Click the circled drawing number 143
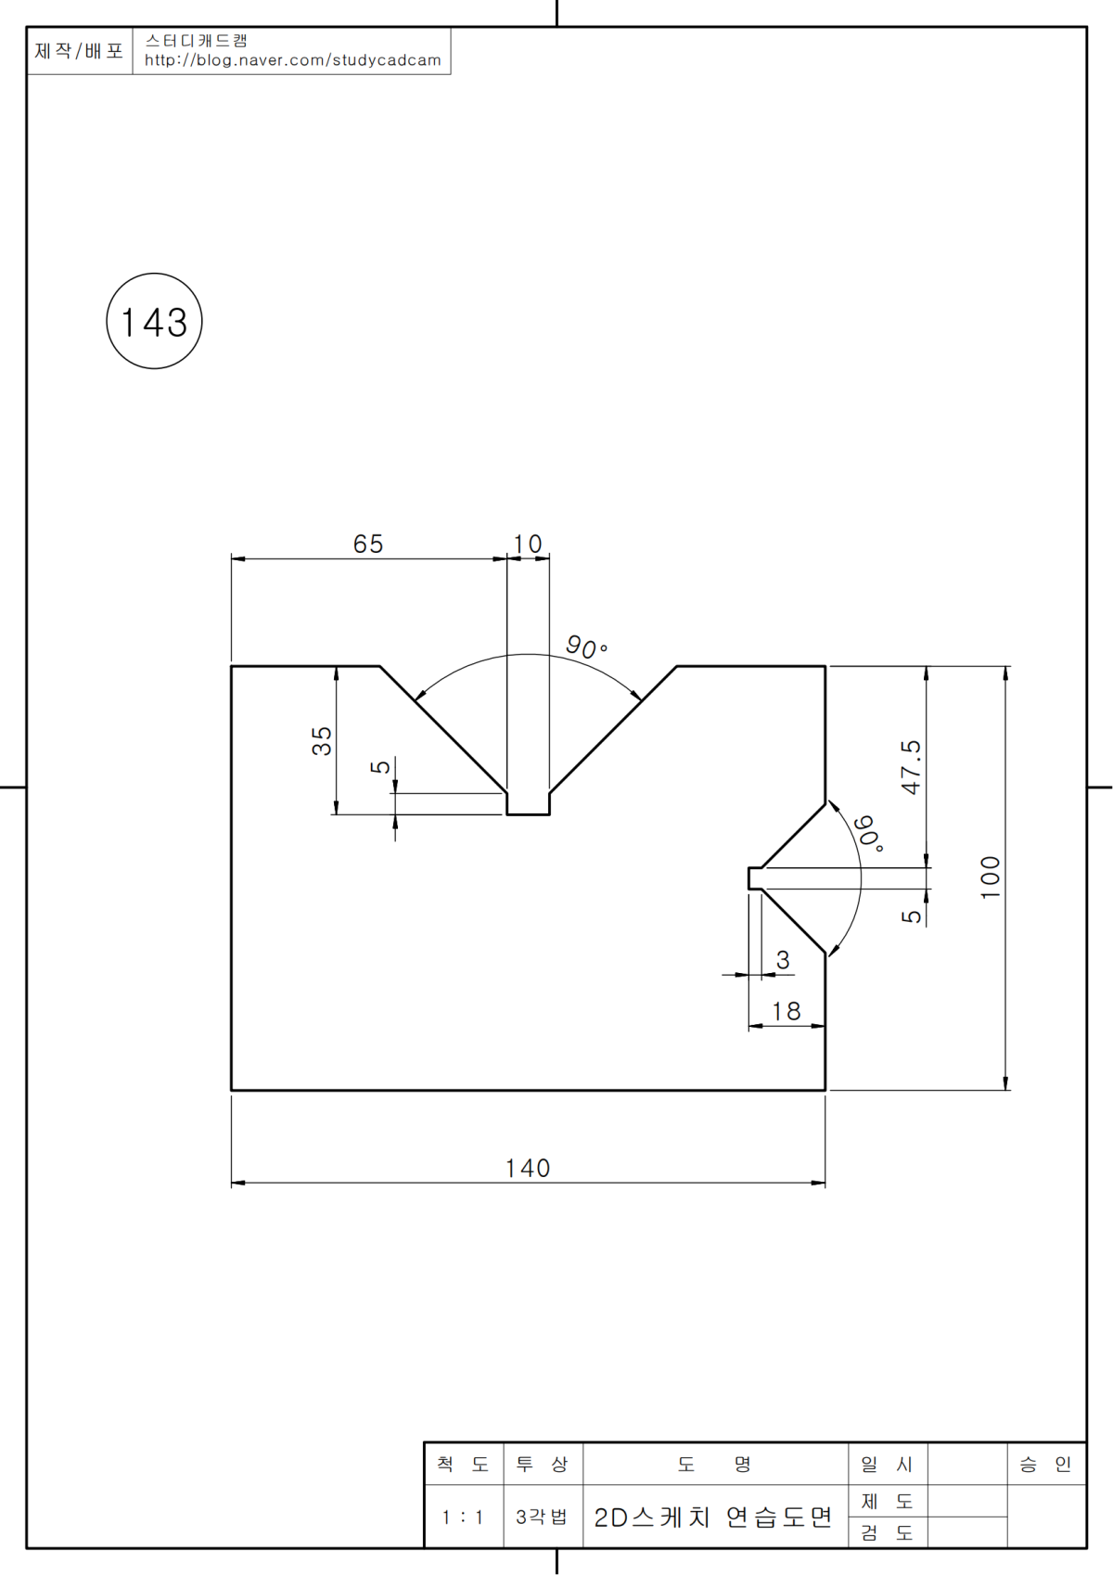pos(154,322)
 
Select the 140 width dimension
pos(528,1168)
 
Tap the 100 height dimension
pos(991,877)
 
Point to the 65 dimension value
pos(368,544)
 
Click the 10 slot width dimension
pos(528,544)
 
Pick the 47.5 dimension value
pos(912,767)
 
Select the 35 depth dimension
pos(322,740)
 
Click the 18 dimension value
pos(787,1011)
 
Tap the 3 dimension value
pos(784,960)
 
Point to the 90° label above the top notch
pos(586,647)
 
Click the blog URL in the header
pos(293,60)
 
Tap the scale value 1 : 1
pos(463,1517)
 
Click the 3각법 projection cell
pos(542,1517)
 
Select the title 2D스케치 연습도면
pos(713,1517)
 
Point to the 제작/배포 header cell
pos(79,51)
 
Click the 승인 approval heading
pos(1045,1465)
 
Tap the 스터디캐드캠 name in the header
pos(197,40)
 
